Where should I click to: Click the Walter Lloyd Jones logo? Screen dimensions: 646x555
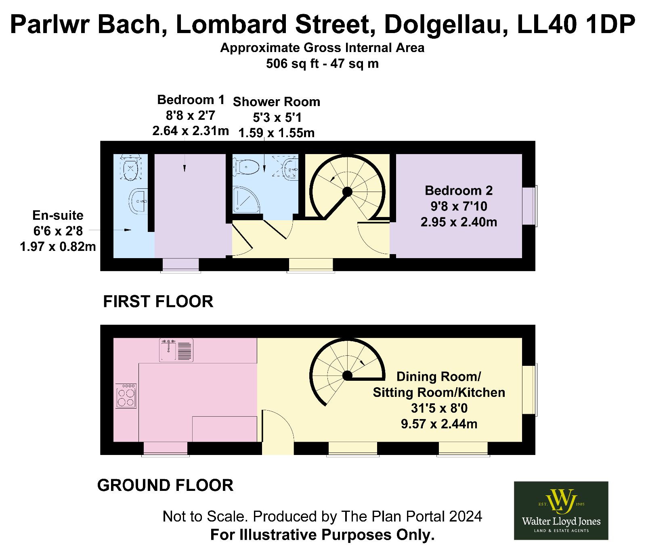[x=561, y=510]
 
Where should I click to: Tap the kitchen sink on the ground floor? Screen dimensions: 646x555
[x=176, y=350]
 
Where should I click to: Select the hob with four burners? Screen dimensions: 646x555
[x=126, y=396]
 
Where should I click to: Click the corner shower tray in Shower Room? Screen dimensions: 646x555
[x=246, y=199]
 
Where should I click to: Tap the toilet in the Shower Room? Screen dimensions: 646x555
[x=246, y=167]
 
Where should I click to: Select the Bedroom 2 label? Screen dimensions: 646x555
[x=459, y=190]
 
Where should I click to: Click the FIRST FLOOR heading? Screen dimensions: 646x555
[x=158, y=301]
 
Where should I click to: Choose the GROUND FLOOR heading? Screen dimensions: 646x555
[x=165, y=485]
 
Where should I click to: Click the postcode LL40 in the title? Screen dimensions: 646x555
[x=547, y=24]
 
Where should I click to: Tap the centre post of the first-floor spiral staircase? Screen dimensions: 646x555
[x=347, y=192]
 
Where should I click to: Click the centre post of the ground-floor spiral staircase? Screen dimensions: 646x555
[x=347, y=376]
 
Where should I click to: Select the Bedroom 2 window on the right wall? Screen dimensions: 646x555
[x=530, y=206]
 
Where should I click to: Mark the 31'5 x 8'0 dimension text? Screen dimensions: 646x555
[x=439, y=408]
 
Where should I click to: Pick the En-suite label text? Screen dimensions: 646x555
[x=58, y=215]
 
